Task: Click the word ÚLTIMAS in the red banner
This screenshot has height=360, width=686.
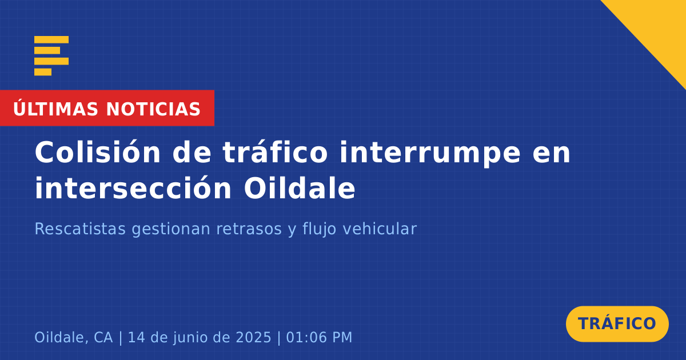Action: click(55, 109)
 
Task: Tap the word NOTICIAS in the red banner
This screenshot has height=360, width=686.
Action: click(153, 109)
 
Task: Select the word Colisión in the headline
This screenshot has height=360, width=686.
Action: click(98, 152)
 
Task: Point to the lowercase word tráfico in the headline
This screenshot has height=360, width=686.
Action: click(275, 152)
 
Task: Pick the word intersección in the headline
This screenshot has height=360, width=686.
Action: click(133, 188)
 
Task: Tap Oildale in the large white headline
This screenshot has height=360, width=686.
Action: click(300, 188)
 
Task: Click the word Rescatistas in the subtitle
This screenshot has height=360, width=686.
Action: click(80, 229)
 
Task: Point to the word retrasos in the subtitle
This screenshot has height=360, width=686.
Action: click(249, 229)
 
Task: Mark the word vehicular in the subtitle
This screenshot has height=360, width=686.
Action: click(380, 229)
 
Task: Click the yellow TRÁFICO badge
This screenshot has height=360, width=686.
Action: click(617, 324)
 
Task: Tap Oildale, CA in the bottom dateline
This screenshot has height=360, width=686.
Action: click(74, 337)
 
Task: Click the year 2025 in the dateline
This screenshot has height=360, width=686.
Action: click(254, 337)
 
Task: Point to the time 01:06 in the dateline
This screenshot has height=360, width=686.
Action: click(306, 337)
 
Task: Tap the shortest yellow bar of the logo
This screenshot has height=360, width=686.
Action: click(43, 72)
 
